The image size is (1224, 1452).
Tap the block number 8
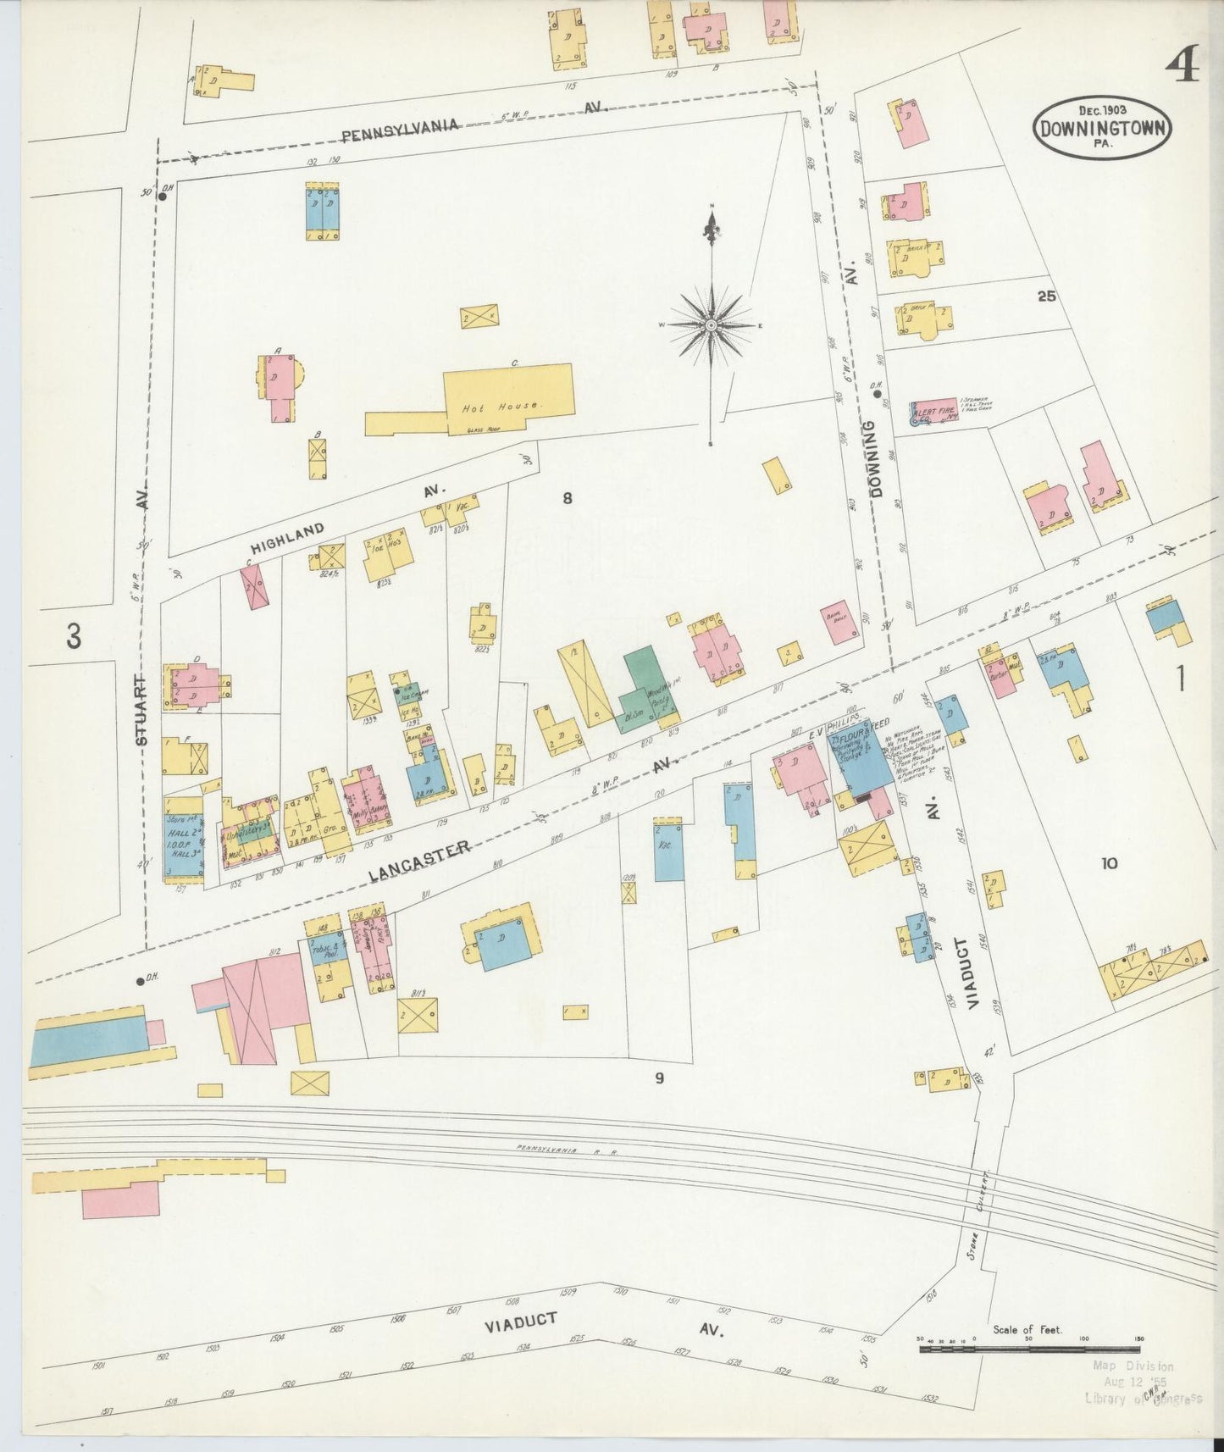click(567, 498)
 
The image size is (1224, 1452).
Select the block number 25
click(1046, 296)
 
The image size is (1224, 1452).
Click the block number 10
click(1109, 863)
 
